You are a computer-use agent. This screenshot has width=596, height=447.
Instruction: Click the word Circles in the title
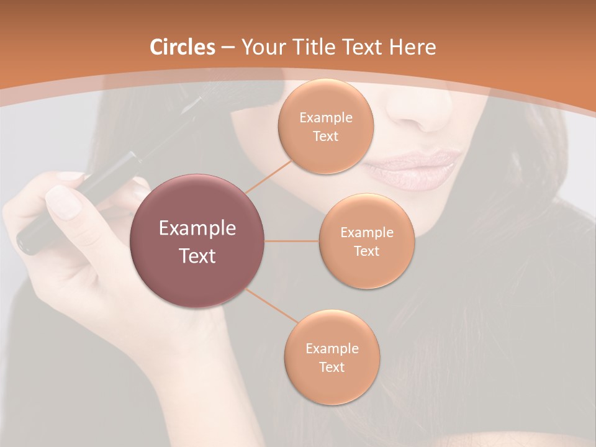coord(183,47)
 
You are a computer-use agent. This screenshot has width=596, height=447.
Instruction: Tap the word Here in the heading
coord(412,47)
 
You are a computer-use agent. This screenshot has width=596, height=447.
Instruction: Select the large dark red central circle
coord(197,242)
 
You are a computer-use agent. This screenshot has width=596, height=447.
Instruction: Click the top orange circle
coord(326,127)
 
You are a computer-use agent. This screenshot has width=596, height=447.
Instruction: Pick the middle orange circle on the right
coord(367,242)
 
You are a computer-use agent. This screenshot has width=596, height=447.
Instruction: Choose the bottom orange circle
coord(332,358)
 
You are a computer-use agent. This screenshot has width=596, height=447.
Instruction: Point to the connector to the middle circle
coord(292,241)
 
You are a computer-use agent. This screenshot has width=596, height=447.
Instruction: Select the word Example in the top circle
coord(326,117)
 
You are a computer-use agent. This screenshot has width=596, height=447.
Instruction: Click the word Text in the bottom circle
coord(332,367)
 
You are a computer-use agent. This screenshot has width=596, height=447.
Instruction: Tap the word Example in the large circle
coord(197,228)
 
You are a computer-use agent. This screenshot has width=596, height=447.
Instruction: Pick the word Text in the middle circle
coord(367,251)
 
